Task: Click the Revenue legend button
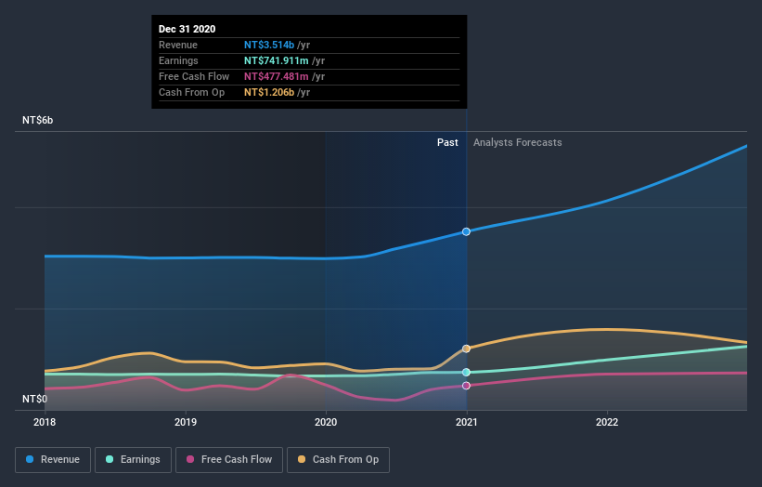(54, 459)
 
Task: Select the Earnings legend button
(133, 459)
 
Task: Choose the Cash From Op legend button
(338, 459)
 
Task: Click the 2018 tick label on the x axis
(45, 422)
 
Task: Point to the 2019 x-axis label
(186, 422)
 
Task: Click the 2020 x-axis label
(326, 422)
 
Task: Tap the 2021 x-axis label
(467, 422)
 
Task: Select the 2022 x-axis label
(607, 422)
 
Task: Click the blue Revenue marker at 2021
(467, 231)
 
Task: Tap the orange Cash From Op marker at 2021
(467, 349)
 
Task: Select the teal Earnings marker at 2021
(467, 372)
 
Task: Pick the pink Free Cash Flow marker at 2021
(467, 385)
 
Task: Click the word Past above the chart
(447, 142)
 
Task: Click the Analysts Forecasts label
(517, 142)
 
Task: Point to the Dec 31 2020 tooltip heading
(187, 29)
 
